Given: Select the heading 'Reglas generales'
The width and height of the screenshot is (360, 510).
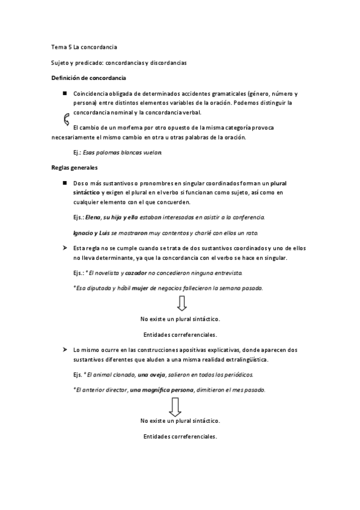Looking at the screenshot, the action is [75, 167].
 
